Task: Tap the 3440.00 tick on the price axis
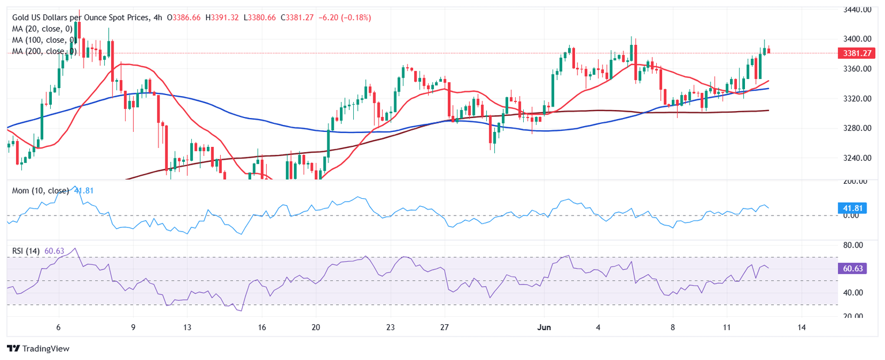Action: [857, 10]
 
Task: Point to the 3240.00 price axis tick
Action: [857, 158]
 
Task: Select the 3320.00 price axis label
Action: [857, 98]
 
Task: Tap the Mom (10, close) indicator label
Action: [41, 191]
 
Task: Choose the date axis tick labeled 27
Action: [444, 327]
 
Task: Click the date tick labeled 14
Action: [801, 327]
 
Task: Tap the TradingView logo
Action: [37, 348]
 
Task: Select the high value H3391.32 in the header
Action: [222, 18]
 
